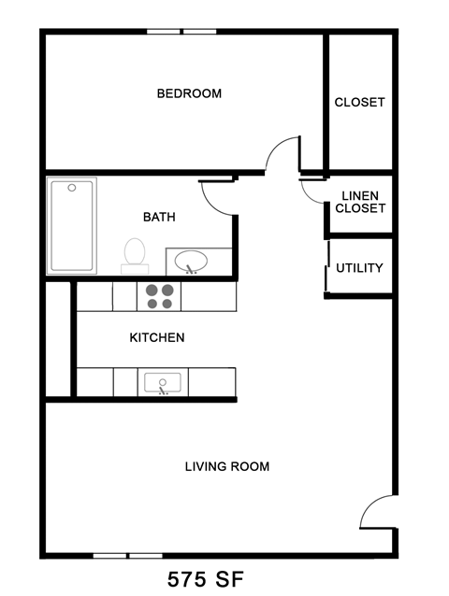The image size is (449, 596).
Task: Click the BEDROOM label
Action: point(188,93)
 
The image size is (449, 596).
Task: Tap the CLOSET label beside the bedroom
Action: point(359,102)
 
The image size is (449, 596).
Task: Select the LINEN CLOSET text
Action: point(360,202)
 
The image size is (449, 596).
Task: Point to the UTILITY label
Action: point(359,268)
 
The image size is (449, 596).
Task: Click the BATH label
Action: point(159,217)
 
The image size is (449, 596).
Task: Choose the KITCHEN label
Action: point(156,337)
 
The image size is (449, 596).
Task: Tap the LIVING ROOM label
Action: point(226,466)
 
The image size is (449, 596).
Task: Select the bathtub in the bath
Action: point(71,225)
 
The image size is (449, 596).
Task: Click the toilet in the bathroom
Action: point(135,253)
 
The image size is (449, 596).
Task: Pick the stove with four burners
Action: point(159,296)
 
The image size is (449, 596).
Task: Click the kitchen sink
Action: point(165,382)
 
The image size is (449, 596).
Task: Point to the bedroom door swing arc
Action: point(281,155)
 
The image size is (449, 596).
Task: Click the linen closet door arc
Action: point(312,191)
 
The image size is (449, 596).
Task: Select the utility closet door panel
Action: point(328,267)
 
